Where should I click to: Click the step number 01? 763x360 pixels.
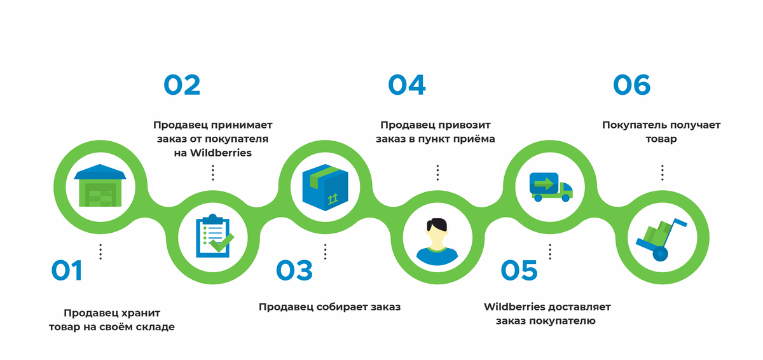tap(67, 271)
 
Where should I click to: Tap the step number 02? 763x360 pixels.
tap(182, 85)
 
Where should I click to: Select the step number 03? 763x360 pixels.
tap(294, 271)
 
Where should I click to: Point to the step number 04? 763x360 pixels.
tap(407, 85)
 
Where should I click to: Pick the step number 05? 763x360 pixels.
tap(519, 271)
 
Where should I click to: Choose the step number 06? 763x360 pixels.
tap(632, 85)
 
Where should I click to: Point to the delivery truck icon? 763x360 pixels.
tap(551, 186)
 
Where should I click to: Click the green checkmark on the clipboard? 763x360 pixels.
tap(223, 243)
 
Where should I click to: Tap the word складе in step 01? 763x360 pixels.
tap(155, 328)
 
